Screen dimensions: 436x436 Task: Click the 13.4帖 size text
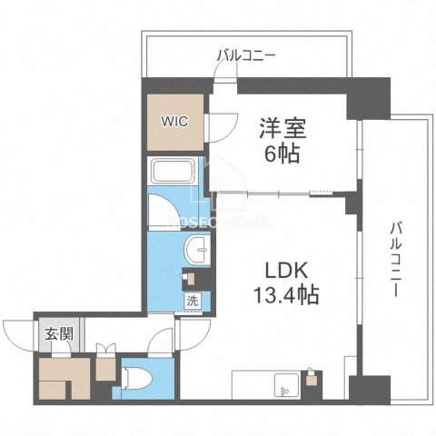pos(283,295)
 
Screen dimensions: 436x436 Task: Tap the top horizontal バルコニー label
pos(245,55)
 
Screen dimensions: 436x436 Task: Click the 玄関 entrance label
pos(53,332)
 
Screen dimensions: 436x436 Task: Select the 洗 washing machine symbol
pos(193,299)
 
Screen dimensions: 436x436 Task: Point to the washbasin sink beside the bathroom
pos(195,251)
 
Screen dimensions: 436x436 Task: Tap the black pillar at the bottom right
pos(372,389)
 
